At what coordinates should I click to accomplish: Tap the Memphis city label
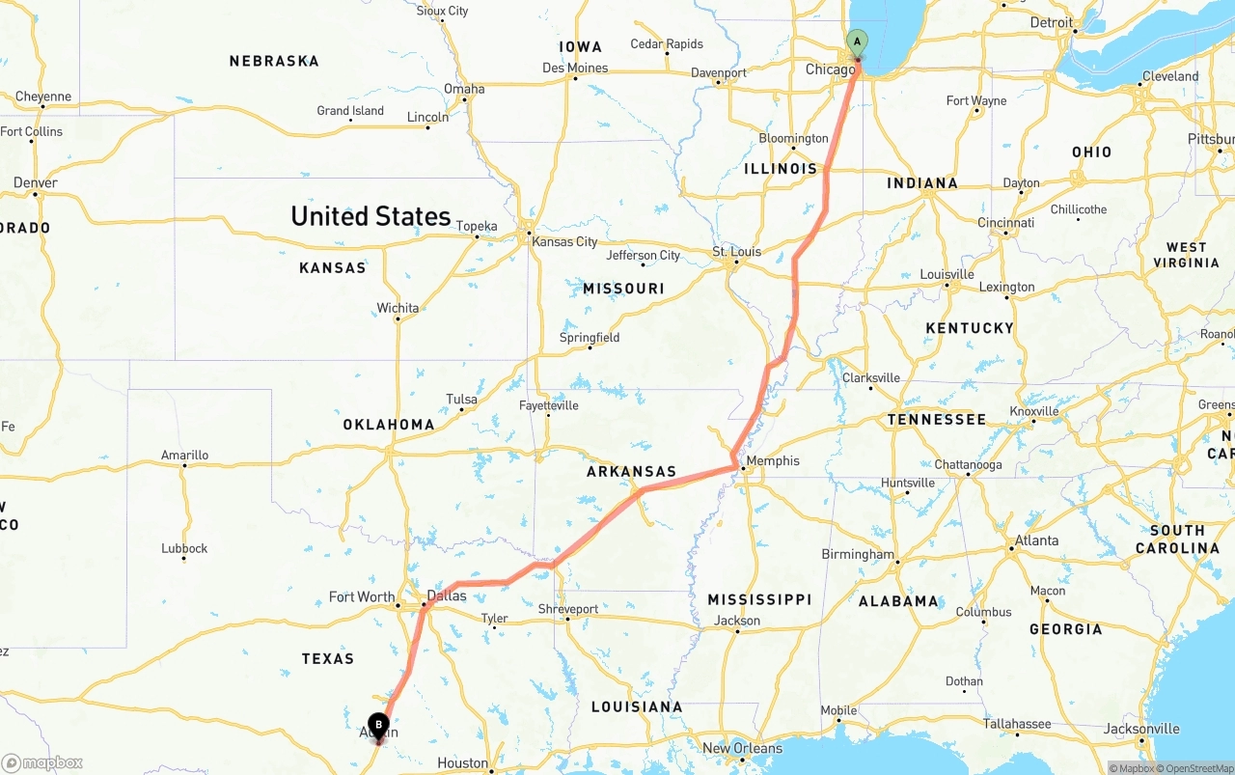[x=773, y=460]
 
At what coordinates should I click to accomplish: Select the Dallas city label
[x=447, y=595]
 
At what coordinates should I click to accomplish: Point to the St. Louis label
[x=737, y=252]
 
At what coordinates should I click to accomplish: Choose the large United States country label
[x=370, y=216]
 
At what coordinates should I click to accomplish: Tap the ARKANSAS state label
[x=632, y=472]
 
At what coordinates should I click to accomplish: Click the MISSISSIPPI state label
[x=759, y=599]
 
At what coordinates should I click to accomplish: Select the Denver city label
[x=36, y=182]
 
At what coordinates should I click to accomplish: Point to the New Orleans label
[x=743, y=748]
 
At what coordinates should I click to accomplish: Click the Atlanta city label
[x=1037, y=540]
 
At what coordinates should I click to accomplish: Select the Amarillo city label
[x=184, y=455]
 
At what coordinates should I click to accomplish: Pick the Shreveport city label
[x=568, y=609]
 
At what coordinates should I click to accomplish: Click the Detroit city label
[x=1051, y=22]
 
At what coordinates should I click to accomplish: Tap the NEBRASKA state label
[x=274, y=61]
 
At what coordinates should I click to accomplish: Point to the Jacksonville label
[x=1142, y=729]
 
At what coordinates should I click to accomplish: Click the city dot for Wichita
[x=398, y=319]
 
